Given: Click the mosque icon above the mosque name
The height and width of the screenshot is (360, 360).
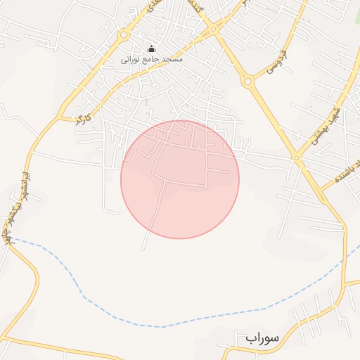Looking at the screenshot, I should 151,49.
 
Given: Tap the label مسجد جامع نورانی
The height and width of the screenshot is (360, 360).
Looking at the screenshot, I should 153,60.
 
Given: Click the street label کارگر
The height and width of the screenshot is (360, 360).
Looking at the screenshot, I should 82,118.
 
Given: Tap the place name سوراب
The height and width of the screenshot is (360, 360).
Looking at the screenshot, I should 263,338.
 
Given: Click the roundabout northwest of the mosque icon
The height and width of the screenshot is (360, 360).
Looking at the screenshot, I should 124,34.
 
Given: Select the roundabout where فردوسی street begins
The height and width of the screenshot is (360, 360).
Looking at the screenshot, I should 247,82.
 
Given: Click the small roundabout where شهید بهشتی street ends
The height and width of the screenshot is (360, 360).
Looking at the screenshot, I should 297,159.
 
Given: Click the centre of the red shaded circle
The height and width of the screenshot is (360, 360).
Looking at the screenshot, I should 180,179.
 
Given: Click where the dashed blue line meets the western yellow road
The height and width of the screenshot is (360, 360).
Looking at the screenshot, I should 13,240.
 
